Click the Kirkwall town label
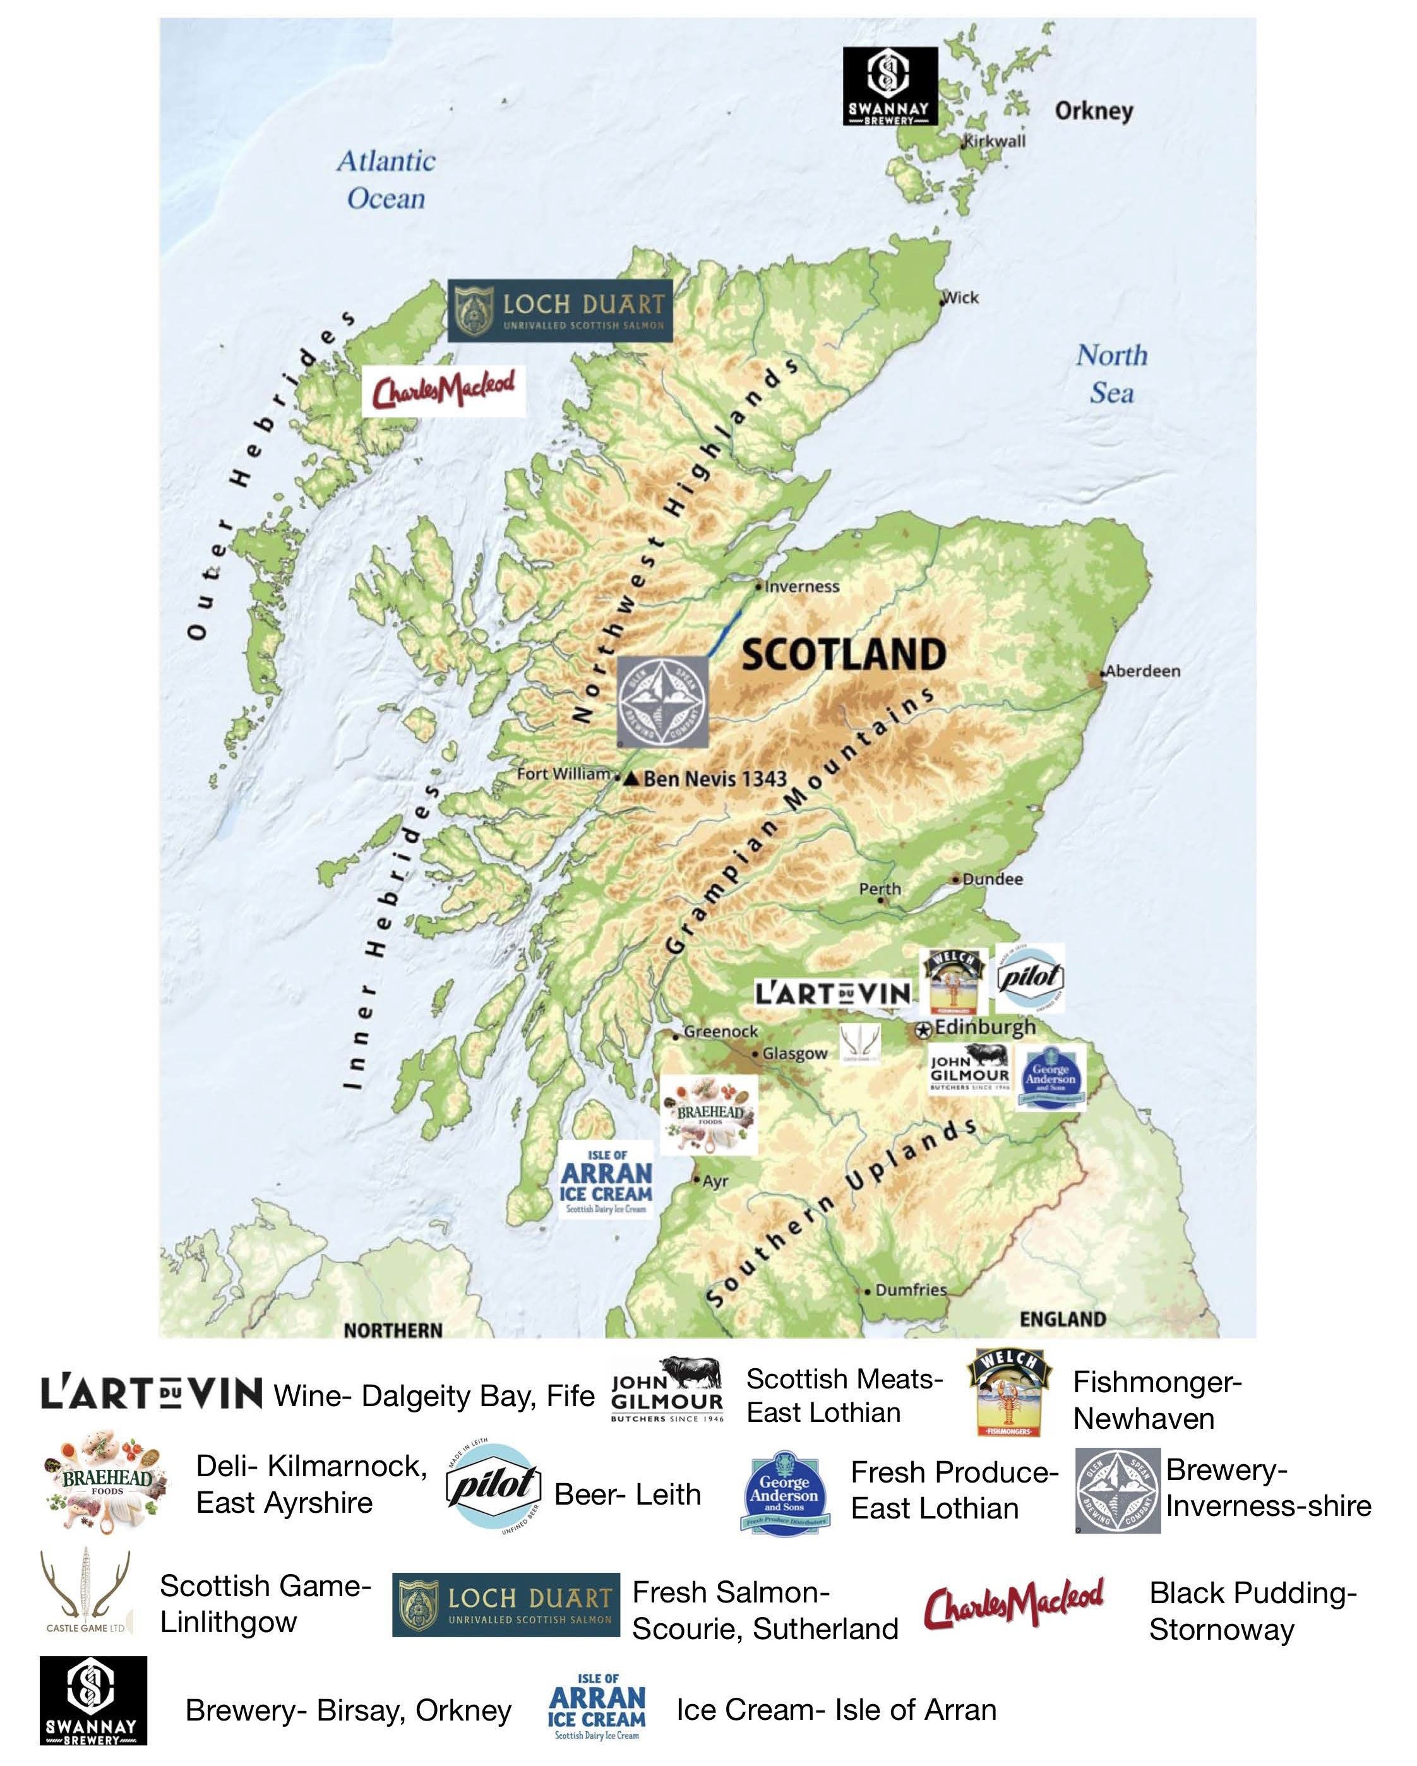tap(995, 141)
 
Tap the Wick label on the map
tap(961, 297)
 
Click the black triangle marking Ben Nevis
tap(631, 779)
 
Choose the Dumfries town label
tap(911, 1290)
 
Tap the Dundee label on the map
tap(992, 879)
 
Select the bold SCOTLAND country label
tap(844, 655)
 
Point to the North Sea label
tap(1111, 374)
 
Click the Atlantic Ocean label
tap(386, 179)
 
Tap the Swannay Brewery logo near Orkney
tap(890, 86)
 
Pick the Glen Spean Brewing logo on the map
tap(662, 701)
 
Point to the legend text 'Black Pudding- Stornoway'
tap(1252, 1611)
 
